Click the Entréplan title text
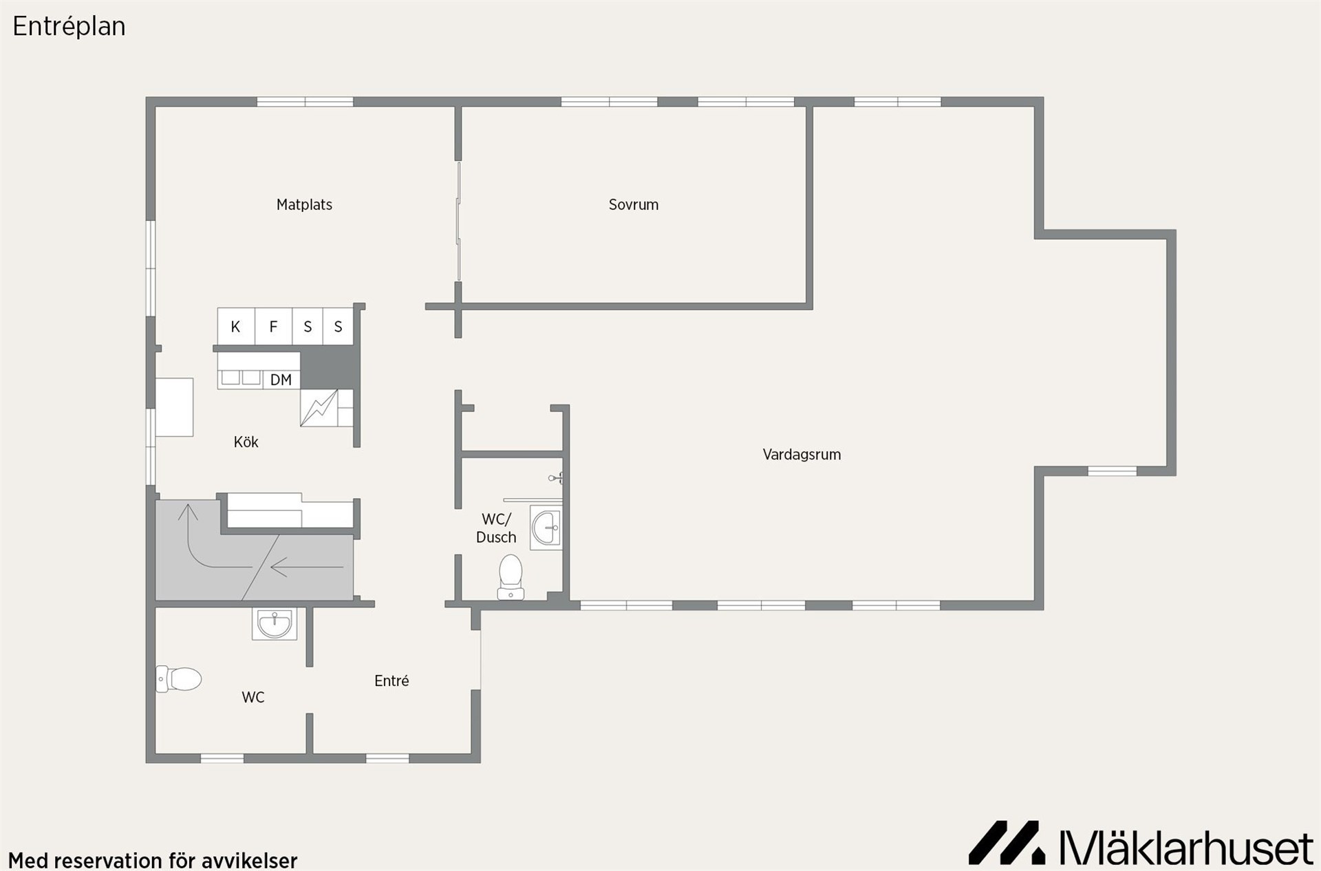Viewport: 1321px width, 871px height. click(69, 27)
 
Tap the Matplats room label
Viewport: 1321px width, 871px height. click(304, 204)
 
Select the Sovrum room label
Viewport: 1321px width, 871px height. click(634, 204)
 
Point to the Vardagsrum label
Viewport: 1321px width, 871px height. click(802, 454)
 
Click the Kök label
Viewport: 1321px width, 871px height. click(246, 442)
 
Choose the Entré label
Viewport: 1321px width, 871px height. click(391, 680)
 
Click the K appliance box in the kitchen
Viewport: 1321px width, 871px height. click(236, 326)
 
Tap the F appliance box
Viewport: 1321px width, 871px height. click(273, 326)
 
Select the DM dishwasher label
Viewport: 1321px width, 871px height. click(281, 380)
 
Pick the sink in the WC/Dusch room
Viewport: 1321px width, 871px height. click(546, 528)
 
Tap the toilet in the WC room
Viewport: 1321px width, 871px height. click(178, 679)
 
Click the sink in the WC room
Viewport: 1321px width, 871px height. click(275, 624)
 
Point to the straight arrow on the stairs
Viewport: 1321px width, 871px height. click(307, 568)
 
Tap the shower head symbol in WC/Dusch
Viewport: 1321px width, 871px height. click(556, 477)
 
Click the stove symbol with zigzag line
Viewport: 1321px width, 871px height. click(319, 408)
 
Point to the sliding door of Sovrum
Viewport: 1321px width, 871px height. click(458, 222)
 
